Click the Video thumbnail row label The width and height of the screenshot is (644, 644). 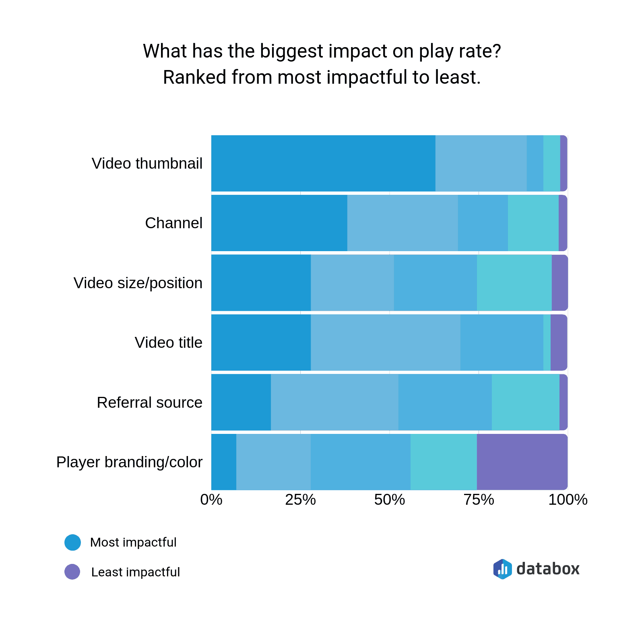click(147, 164)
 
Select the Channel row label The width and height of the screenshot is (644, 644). click(173, 223)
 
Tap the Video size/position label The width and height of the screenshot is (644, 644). click(138, 283)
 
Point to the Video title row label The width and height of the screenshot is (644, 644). click(168, 343)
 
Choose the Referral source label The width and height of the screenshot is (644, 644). click(149, 403)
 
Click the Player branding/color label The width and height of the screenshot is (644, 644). click(129, 462)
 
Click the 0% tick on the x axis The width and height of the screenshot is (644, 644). click(211, 500)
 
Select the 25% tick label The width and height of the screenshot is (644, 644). click(300, 500)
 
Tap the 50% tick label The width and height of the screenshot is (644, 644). click(389, 500)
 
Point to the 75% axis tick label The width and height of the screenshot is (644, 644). click(479, 500)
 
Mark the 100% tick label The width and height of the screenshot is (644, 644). click(568, 500)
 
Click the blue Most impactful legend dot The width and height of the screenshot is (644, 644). click(72, 542)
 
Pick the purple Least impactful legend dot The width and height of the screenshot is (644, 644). click(72, 572)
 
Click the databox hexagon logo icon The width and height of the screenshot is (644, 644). click(502, 569)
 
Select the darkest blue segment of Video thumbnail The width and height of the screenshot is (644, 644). click(323, 163)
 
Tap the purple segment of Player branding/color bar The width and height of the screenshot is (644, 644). click(522, 462)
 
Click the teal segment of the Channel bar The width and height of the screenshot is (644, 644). click(533, 223)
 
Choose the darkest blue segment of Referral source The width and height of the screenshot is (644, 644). click(241, 402)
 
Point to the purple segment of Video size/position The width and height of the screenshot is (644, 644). click(559, 283)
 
